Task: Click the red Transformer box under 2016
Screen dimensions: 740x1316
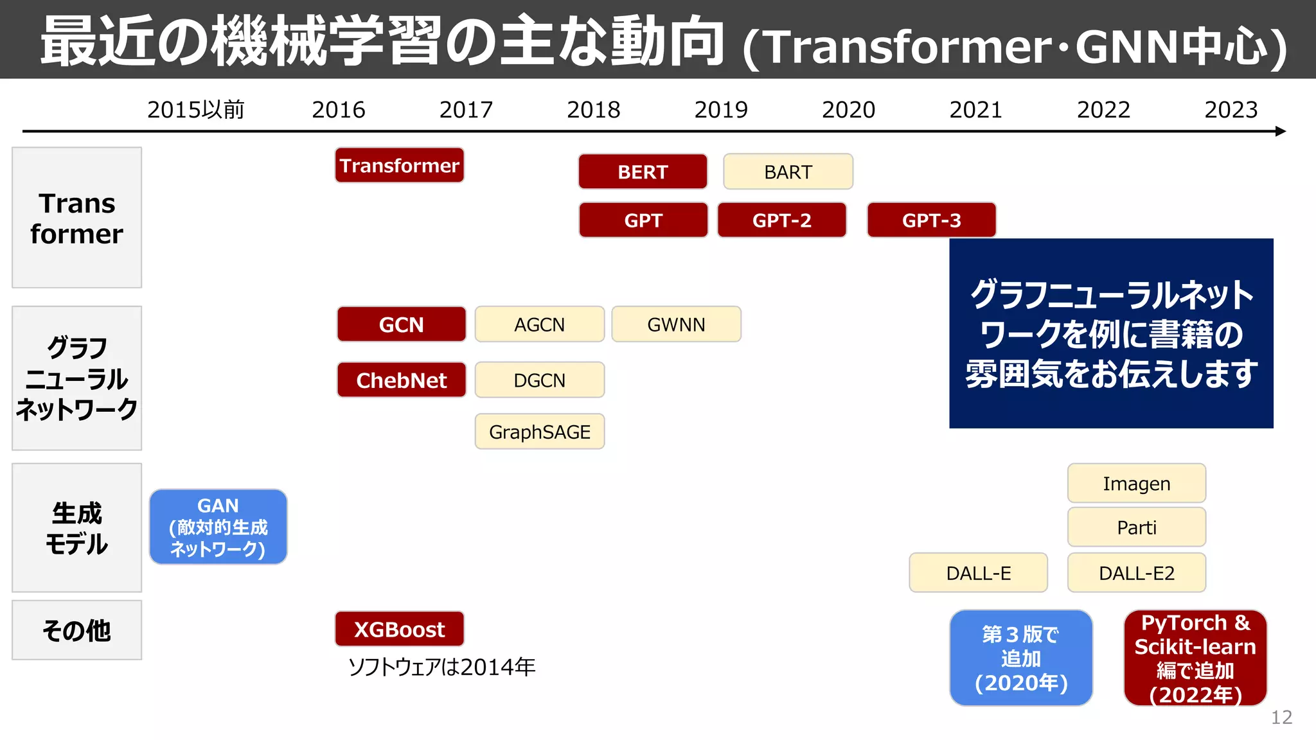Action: (399, 166)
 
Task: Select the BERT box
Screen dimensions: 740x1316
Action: (643, 172)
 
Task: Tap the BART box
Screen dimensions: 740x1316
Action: (788, 172)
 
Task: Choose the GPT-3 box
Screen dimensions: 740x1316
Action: (931, 220)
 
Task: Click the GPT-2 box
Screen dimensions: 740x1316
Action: (781, 220)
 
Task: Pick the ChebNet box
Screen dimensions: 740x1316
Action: (401, 380)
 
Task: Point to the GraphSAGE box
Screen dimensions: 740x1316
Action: (539, 432)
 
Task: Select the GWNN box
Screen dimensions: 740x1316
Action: (676, 324)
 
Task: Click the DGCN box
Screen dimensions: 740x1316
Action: (539, 380)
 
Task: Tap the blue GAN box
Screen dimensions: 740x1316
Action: (218, 527)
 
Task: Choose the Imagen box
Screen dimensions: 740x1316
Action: (1136, 483)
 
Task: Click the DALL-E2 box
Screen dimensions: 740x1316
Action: (1136, 573)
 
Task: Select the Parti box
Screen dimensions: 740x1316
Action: (1136, 527)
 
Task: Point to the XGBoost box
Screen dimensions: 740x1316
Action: (399, 629)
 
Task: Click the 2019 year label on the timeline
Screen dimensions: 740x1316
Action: (721, 110)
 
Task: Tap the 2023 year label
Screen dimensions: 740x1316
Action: (1231, 110)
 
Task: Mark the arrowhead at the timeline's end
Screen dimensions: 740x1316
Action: (1281, 131)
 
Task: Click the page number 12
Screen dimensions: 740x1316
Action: (1281, 717)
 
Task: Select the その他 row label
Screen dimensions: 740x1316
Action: (76, 630)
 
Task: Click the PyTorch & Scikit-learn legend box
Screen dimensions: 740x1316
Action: (1195, 658)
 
